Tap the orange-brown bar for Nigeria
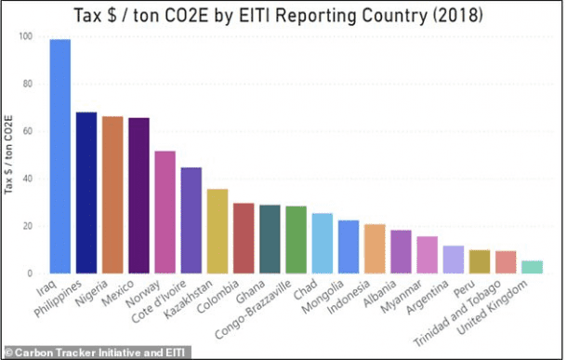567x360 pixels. (112, 194)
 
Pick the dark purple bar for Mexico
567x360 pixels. (138, 195)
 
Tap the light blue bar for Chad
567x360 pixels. (323, 243)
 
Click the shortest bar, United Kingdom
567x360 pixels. (532, 267)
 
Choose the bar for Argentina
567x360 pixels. (453, 260)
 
